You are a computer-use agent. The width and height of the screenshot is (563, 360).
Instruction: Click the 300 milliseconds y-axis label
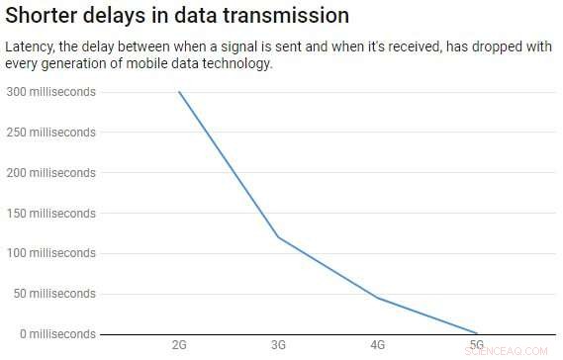pyautogui.click(x=51, y=92)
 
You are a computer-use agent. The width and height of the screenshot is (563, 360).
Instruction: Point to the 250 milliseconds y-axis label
pyautogui.click(x=51, y=133)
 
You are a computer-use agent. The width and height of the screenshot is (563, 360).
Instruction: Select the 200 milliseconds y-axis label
pyautogui.click(x=51, y=173)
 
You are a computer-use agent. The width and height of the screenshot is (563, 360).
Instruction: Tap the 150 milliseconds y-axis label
pyautogui.click(x=51, y=213)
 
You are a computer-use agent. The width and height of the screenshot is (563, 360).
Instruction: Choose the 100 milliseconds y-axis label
pyautogui.click(x=51, y=253)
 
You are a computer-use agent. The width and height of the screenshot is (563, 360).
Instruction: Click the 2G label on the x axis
pyautogui.click(x=179, y=345)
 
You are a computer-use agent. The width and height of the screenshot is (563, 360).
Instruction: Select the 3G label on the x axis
pyautogui.click(x=278, y=345)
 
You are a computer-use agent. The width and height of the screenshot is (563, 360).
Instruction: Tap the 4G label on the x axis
pyautogui.click(x=377, y=345)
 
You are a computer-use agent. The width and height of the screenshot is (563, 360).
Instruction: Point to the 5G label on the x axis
pyautogui.click(x=476, y=345)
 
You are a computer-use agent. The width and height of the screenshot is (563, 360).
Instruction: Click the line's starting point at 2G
pyautogui.click(x=179, y=92)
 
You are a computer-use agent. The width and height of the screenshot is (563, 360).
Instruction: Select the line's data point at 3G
pyautogui.click(x=278, y=236)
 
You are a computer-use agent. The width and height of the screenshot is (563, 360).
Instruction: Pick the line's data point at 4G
pyautogui.click(x=377, y=298)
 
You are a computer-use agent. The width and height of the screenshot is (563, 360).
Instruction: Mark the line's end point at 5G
pyautogui.click(x=476, y=333)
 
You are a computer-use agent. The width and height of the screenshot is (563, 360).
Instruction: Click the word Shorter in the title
pyautogui.click(x=45, y=17)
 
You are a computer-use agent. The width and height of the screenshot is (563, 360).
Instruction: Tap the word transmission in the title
pyautogui.click(x=287, y=17)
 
